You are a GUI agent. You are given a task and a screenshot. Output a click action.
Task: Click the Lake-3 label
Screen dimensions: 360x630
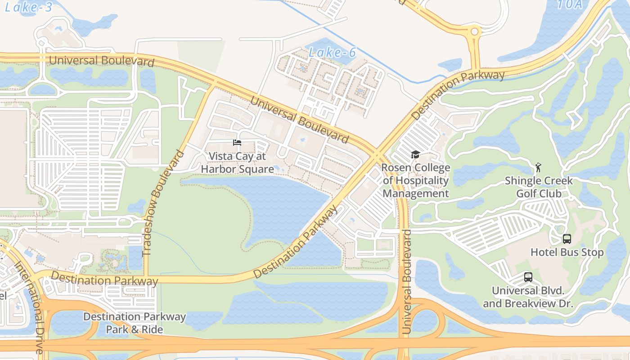(29, 7)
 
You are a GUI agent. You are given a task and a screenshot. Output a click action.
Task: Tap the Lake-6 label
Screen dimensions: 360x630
(333, 53)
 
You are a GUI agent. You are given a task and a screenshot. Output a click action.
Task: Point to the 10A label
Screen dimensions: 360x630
(570, 4)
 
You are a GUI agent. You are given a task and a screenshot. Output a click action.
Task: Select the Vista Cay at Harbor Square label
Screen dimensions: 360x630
(237, 162)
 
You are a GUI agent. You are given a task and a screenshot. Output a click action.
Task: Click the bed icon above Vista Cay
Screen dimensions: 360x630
(237, 143)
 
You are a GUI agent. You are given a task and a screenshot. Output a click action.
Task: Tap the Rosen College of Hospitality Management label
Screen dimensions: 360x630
(415, 181)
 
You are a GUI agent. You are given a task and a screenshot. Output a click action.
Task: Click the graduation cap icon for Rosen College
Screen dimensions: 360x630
(415, 155)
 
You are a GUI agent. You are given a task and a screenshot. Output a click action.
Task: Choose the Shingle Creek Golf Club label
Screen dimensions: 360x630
(539, 187)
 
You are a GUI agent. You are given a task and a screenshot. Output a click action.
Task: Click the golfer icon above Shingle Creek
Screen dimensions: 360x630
(538, 168)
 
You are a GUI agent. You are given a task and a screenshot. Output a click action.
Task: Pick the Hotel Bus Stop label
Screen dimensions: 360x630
(567, 252)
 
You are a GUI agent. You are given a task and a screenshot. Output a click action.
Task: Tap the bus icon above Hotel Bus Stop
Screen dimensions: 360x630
(567, 239)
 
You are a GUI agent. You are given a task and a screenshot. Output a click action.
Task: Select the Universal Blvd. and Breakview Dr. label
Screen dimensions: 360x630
(528, 297)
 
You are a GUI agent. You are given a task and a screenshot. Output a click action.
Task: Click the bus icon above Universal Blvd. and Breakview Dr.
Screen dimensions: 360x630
(528, 277)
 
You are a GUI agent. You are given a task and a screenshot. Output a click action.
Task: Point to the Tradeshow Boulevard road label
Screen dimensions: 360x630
(163, 203)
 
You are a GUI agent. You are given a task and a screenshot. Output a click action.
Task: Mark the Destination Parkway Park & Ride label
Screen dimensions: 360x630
(135, 323)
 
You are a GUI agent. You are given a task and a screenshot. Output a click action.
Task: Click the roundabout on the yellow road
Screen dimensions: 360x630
(474, 32)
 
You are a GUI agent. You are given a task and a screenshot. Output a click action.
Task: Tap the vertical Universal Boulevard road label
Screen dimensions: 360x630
(407, 282)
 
